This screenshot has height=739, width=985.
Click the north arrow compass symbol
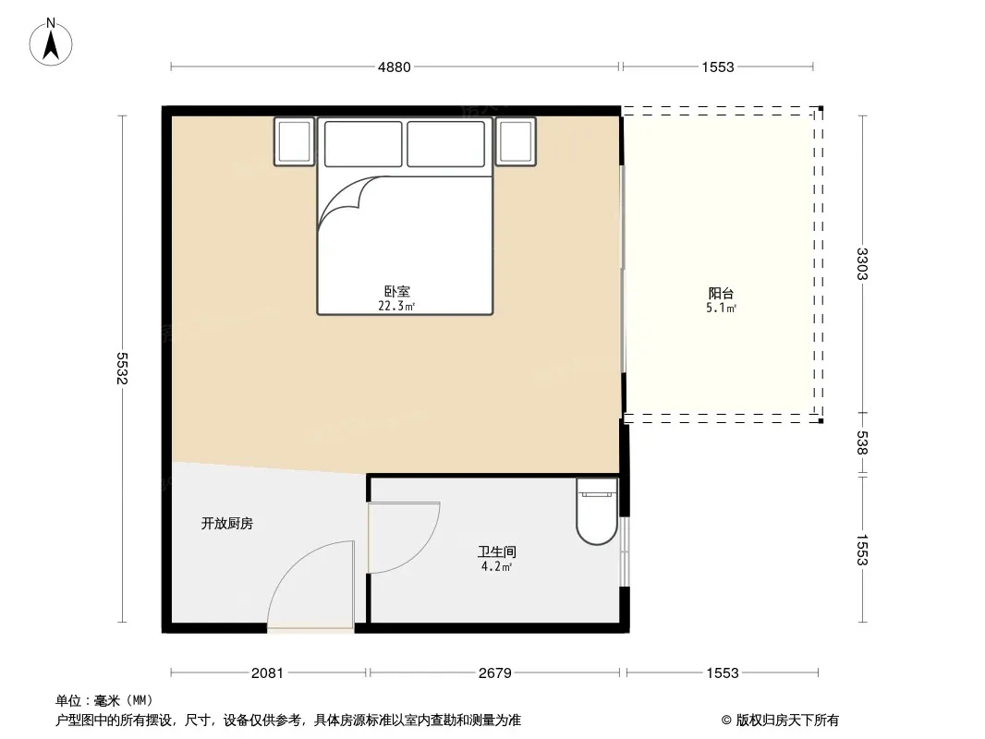(51, 42)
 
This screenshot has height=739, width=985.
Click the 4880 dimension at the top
(394, 67)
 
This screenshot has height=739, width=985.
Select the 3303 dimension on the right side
(862, 263)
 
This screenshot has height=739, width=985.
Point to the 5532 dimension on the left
(122, 368)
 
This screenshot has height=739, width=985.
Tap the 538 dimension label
(862, 442)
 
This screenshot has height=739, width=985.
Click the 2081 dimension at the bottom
(267, 673)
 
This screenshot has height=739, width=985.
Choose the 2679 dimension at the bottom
(495, 673)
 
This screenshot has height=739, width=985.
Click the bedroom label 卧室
(397, 291)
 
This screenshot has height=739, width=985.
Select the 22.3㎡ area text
(396, 307)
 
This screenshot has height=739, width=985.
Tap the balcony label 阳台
(721, 293)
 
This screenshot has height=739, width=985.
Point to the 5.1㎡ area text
(721, 308)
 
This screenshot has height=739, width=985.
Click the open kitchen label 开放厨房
(226, 524)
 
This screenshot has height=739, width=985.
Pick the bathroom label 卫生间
(497, 551)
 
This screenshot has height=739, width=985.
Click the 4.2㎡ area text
(497, 566)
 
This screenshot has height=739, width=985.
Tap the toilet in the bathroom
(597, 511)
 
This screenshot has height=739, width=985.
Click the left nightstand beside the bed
(295, 142)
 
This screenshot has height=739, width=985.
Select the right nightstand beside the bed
(516, 142)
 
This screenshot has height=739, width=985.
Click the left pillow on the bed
(363, 144)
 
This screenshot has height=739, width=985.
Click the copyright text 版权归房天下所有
(787, 721)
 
